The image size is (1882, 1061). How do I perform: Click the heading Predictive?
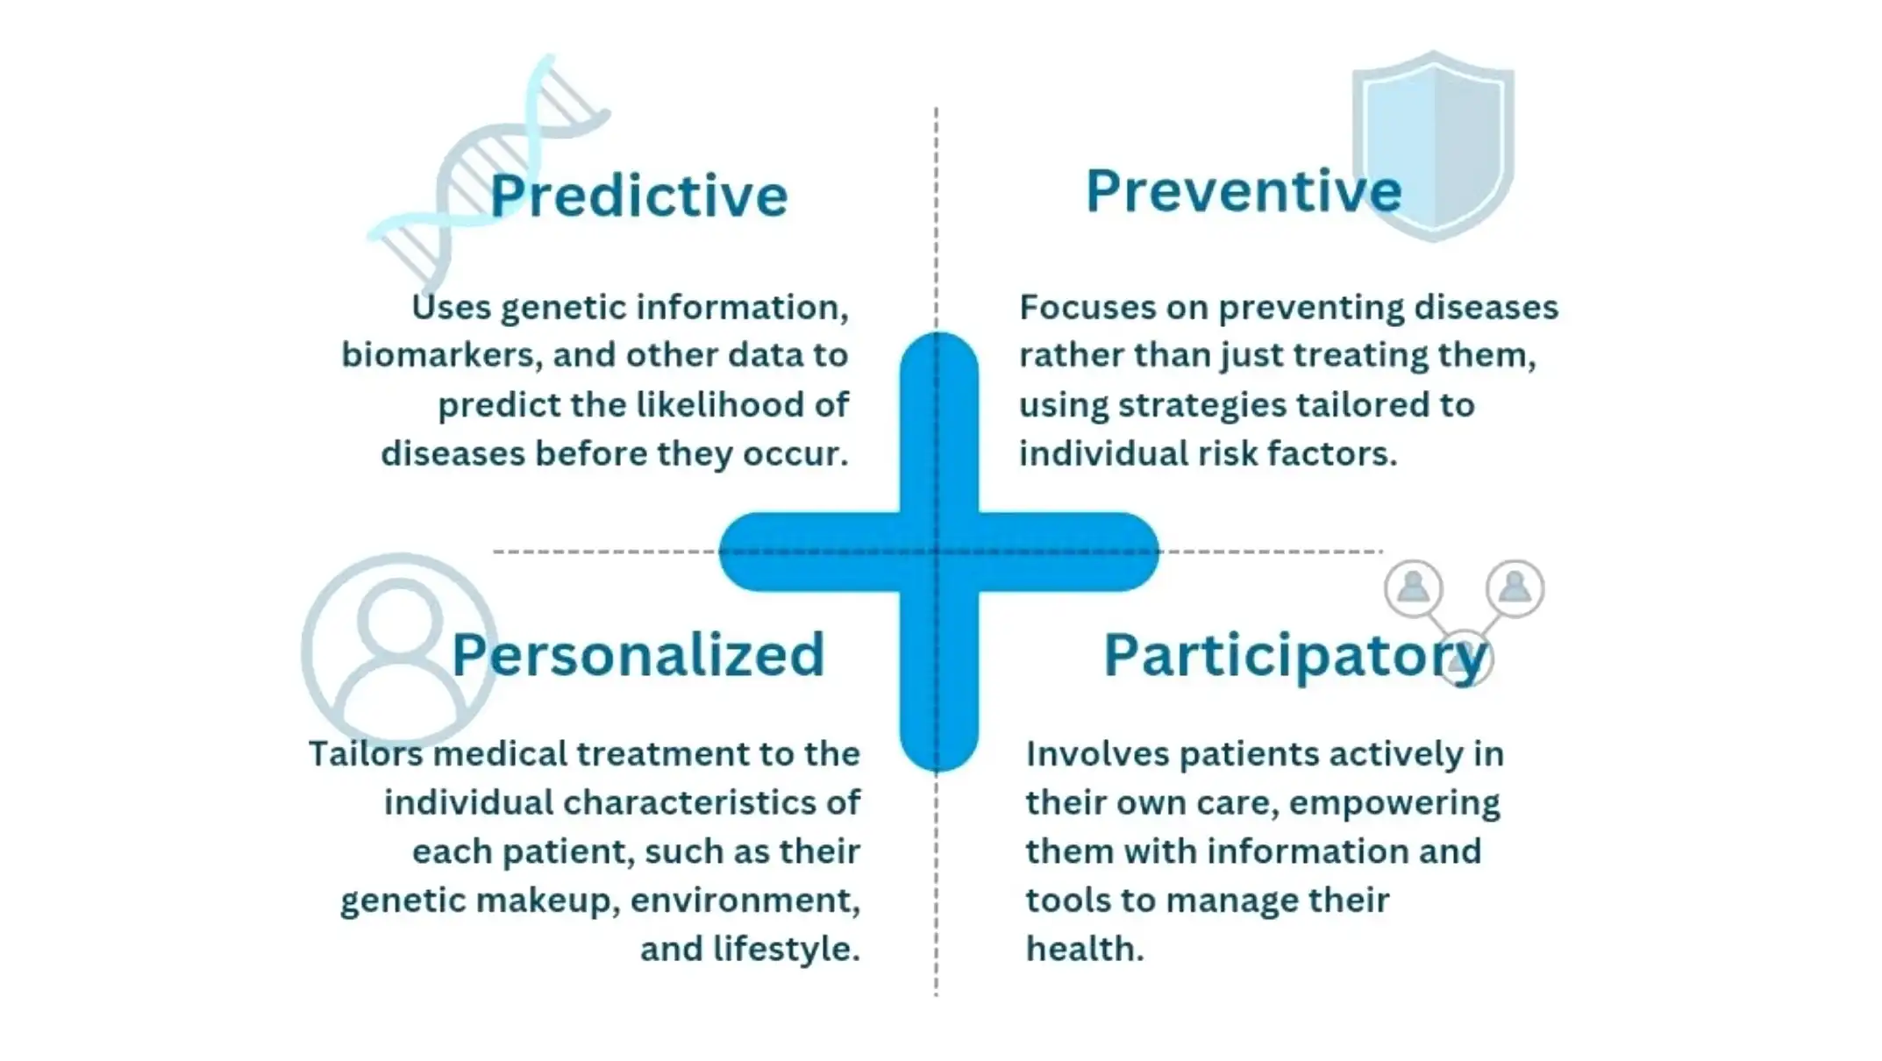click(x=638, y=195)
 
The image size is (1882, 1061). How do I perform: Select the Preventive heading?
click(x=1244, y=190)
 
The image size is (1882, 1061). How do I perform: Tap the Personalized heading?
click(x=638, y=654)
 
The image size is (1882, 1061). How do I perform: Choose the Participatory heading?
click(x=1295, y=656)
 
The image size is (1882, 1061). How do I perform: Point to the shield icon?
click(x=1434, y=146)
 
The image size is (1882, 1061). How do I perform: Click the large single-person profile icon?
click(x=399, y=650)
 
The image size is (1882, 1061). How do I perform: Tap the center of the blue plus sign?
click(x=938, y=552)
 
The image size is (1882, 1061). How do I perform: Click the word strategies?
click(x=1201, y=406)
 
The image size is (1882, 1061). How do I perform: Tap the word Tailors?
click(x=365, y=754)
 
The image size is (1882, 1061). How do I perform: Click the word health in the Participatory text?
click(x=1085, y=949)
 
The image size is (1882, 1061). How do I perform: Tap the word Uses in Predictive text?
click(x=451, y=307)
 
